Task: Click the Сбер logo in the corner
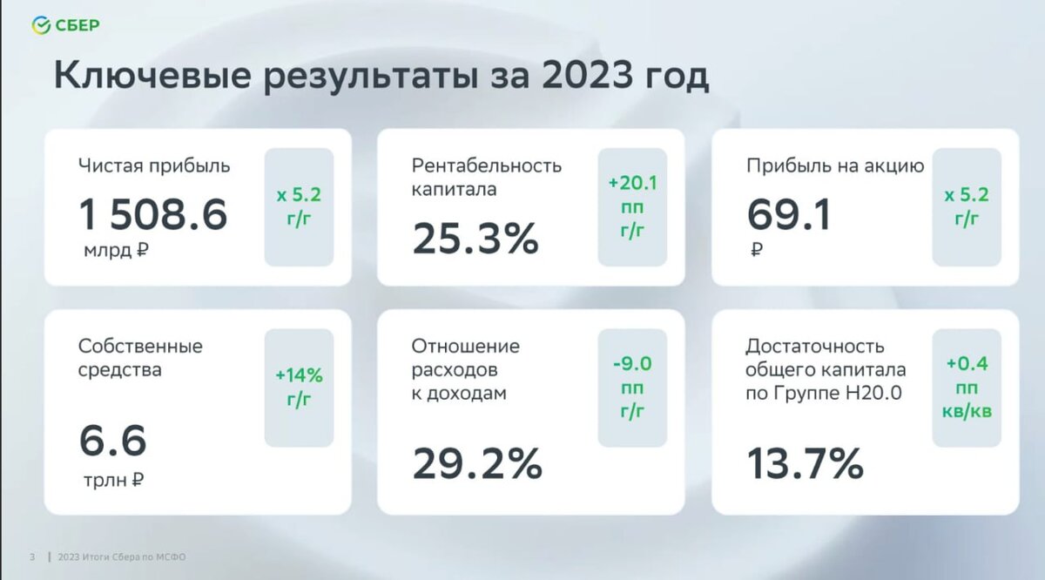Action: point(66,25)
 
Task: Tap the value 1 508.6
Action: point(152,214)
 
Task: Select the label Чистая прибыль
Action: point(154,165)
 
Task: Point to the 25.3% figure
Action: point(475,239)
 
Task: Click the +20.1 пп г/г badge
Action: point(632,207)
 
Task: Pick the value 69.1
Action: point(788,214)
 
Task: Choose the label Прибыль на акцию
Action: point(834,165)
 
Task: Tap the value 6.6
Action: point(112,442)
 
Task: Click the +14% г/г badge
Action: point(299,388)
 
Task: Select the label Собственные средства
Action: point(140,357)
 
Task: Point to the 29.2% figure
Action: point(477,464)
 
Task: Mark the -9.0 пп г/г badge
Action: point(632,388)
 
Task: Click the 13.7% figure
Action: point(805,464)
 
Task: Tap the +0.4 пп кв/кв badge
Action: point(967,388)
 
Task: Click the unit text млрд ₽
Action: point(115,252)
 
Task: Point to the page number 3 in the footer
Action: point(32,557)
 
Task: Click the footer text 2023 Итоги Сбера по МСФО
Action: point(122,557)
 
